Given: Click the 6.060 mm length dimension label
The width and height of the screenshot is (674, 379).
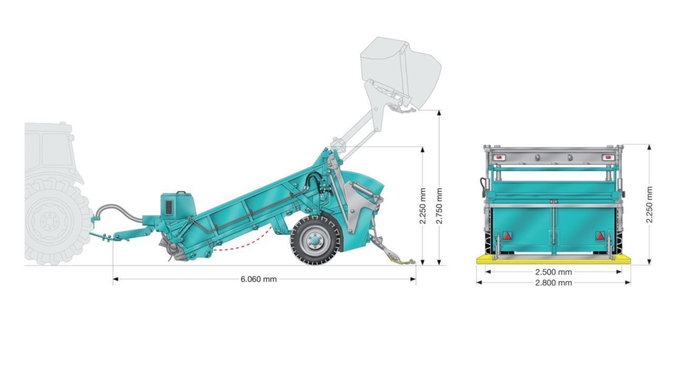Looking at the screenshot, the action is coord(259,279).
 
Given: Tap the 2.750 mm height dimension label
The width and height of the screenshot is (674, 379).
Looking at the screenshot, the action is coord(439,206).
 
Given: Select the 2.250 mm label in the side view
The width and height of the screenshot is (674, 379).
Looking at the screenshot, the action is coord(423,206).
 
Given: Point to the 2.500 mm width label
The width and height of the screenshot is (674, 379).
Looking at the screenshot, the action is coord(553,272).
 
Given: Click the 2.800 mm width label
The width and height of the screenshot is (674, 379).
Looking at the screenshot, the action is coord(553,283).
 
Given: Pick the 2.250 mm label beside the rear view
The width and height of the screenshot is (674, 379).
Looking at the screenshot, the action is coord(649,205).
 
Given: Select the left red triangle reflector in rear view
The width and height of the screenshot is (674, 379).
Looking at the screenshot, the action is coord(507,236).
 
